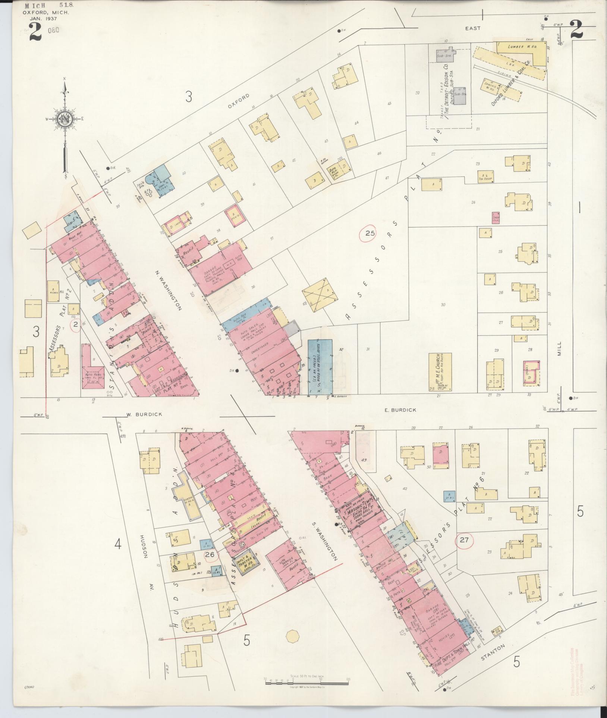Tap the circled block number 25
click(x=369, y=234)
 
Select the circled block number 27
click(x=464, y=540)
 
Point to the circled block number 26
click(x=210, y=565)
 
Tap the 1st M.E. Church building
click(x=440, y=372)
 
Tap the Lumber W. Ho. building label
click(x=522, y=48)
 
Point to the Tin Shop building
click(x=485, y=176)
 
